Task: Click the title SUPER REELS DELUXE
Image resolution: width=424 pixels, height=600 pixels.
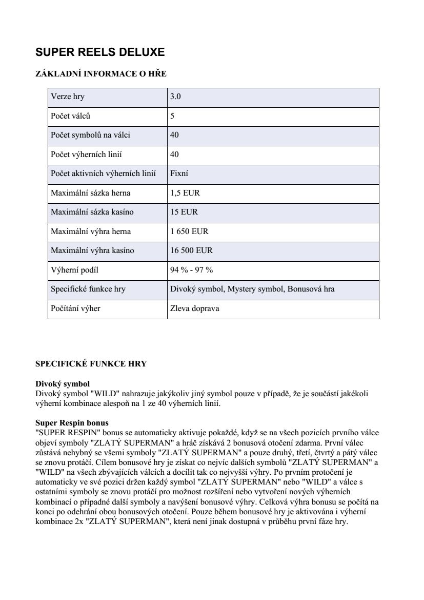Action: [100, 52]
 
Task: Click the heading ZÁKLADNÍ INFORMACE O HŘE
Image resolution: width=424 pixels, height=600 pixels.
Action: [101, 74]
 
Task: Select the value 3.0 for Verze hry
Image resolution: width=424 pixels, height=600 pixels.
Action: [175, 96]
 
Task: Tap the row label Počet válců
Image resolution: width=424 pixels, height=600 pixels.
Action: [71, 116]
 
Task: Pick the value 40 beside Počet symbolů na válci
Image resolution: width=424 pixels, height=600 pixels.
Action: [174, 135]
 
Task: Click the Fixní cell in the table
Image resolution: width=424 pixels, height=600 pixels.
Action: [179, 173]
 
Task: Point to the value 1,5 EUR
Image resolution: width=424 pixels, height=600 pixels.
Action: [185, 193]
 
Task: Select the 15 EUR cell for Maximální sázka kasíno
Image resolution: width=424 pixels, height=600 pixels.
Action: [184, 212]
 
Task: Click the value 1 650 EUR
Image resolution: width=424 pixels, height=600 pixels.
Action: [189, 231]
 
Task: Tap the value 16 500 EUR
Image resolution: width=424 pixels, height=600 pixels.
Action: [191, 250]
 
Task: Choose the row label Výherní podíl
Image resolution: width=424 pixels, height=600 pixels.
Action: [74, 270]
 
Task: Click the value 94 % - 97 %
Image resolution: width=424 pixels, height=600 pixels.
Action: [191, 270]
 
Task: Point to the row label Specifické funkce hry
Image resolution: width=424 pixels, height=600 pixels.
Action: [88, 289]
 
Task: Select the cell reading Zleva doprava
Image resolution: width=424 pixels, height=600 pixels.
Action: [194, 308]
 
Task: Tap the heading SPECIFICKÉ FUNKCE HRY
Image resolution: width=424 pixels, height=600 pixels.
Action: [91, 364]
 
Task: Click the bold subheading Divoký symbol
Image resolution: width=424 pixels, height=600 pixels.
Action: [63, 384]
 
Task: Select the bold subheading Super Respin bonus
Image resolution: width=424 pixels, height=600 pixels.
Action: [72, 423]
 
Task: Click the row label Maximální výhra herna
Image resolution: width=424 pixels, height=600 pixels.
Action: [91, 231]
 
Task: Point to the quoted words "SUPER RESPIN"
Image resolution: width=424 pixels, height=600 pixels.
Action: [62, 432]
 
